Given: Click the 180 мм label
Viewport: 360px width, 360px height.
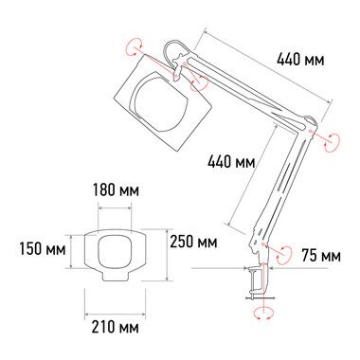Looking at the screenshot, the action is [x=116, y=190].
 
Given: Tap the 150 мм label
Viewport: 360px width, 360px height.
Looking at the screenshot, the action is [x=43, y=248].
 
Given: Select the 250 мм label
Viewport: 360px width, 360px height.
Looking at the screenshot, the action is [x=193, y=242].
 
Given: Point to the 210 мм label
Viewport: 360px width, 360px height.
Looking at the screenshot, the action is [x=116, y=327].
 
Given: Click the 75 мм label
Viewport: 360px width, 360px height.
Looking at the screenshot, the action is [x=321, y=256].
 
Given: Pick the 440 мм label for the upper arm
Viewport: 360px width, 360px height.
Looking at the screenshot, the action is [x=300, y=59].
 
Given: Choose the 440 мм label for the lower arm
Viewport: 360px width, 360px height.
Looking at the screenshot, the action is [x=231, y=162].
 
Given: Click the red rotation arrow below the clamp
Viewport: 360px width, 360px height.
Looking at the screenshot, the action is [x=263, y=312].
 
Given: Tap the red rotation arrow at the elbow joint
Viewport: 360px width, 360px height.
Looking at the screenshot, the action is [x=332, y=141].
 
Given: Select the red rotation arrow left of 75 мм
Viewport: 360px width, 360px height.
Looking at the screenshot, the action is [x=283, y=254].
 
